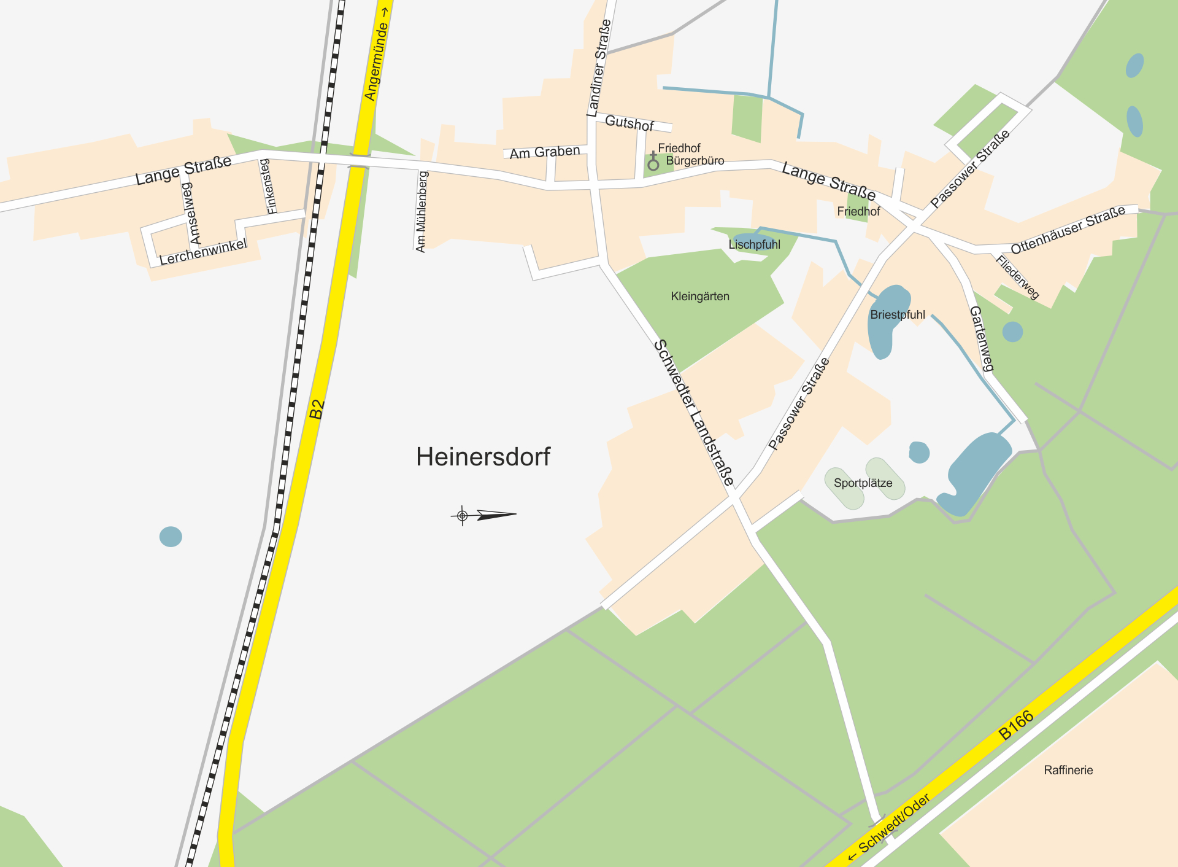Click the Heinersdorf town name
pos(483,457)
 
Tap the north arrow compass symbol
pos(484,515)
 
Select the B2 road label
pos(317,409)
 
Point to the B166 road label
pos(1016,725)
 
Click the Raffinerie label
pos(1068,770)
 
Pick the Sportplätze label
pos(863,483)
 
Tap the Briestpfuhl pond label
pos(897,315)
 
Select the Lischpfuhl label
pos(754,244)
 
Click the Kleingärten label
pos(700,297)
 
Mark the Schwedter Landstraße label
pos(694,412)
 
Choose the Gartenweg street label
pos(981,339)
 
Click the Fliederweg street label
pos(1017,278)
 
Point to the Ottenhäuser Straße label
pos(1068,230)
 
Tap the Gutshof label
pos(629,123)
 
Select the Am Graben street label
pos(545,152)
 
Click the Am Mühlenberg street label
pos(422,212)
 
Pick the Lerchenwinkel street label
pos(203,252)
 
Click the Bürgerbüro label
pos(695,161)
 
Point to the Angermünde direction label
pos(377,55)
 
